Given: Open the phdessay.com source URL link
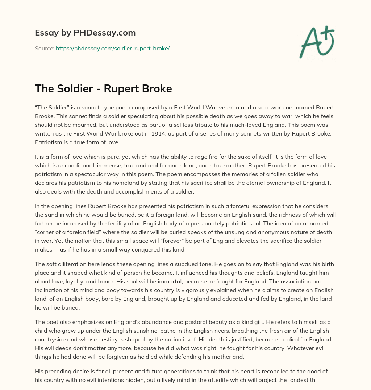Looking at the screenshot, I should [x=113, y=48].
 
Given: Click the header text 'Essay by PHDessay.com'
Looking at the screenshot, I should [x=85, y=33].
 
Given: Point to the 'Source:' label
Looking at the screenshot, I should [x=44, y=48].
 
